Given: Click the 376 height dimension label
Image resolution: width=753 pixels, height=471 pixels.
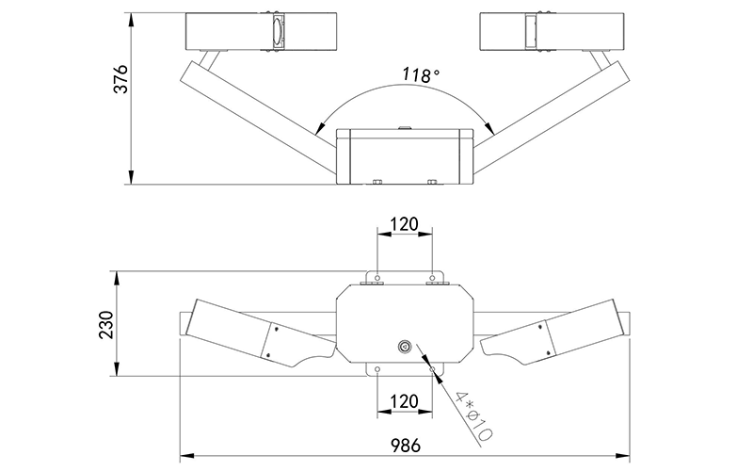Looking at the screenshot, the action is (120, 79).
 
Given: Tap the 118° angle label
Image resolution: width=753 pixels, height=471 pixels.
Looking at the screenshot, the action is (421, 75).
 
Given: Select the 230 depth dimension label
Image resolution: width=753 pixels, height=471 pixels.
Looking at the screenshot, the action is (106, 325).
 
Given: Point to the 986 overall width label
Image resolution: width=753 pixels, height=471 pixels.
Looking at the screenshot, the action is (406, 445).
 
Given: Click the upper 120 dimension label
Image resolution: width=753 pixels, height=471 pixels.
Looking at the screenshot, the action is (404, 224).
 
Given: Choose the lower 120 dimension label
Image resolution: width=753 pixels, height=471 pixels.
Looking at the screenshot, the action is (404, 401).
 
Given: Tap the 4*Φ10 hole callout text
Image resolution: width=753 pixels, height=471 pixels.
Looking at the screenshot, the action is (473, 416).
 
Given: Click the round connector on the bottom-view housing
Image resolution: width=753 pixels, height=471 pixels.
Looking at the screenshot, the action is (405, 346).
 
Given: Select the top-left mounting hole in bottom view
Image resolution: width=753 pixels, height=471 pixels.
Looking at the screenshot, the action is (377, 278).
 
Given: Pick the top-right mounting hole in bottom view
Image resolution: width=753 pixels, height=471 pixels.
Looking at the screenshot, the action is (432, 278).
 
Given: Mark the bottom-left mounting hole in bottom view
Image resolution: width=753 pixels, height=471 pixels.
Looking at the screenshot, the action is (377, 369).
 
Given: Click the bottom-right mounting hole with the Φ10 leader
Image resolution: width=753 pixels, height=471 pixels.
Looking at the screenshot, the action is (432, 369).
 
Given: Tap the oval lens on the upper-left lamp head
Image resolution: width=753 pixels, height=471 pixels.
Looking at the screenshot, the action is (278, 32).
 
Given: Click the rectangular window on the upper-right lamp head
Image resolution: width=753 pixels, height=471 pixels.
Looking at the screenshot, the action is (531, 32).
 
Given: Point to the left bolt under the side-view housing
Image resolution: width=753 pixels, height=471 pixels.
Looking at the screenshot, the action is (376, 182).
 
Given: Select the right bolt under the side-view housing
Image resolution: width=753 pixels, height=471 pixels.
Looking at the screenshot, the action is (432, 182).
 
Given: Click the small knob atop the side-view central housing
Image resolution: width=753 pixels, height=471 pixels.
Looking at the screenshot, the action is (405, 127).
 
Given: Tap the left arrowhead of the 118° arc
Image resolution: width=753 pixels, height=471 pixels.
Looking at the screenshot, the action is (318, 128).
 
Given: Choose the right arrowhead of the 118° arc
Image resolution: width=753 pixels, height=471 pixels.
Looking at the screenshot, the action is (489, 127).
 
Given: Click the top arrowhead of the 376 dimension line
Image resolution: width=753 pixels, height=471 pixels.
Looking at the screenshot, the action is (131, 20).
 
